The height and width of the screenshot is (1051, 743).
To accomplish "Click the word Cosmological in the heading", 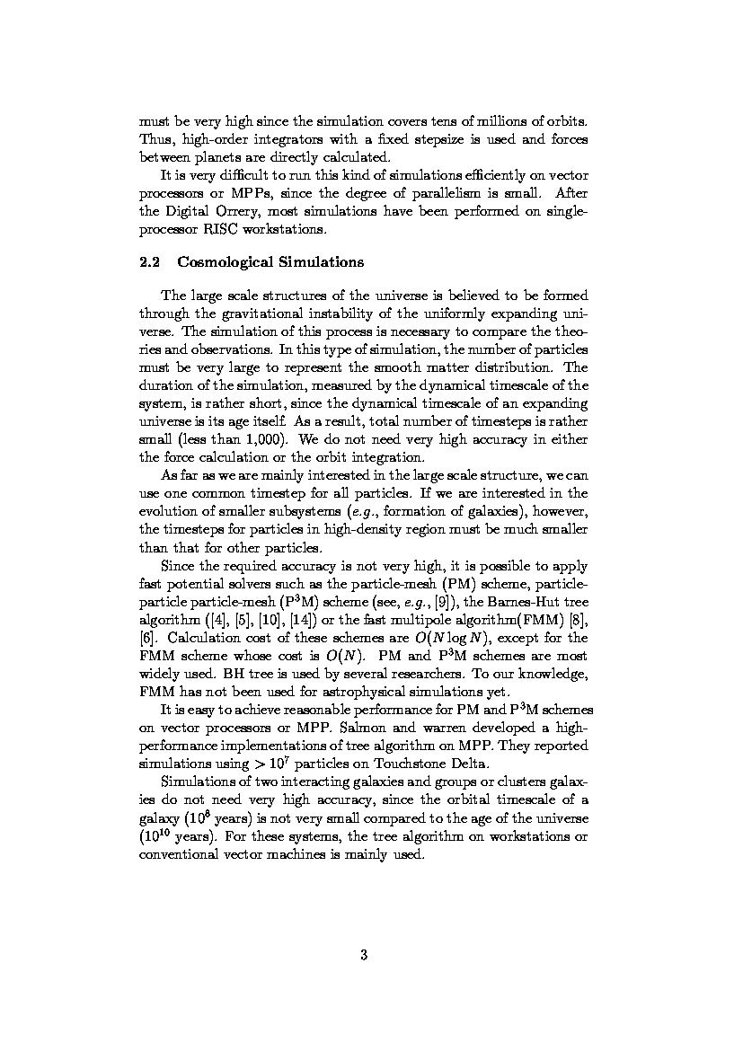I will (x=224, y=262).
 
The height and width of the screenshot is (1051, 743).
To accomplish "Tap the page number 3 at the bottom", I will (x=364, y=955).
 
